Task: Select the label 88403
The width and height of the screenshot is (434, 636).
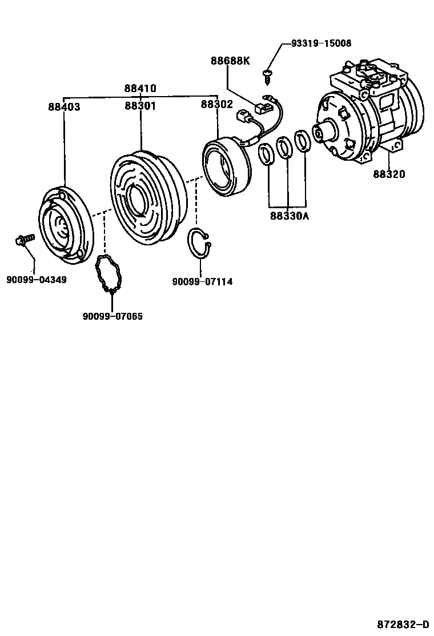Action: click(x=64, y=107)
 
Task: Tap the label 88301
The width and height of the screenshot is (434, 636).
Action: click(x=140, y=106)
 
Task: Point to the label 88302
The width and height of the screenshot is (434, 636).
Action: click(x=216, y=105)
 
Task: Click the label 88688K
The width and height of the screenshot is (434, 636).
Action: click(x=230, y=61)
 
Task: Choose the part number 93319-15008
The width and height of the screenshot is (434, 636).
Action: click(x=321, y=43)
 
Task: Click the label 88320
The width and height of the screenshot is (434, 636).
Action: click(x=389, y=174)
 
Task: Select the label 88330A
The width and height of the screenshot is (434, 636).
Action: click(x=290, y=216)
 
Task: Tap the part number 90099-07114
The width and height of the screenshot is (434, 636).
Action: click(x=202, y=281)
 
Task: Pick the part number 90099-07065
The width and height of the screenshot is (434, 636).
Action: click(x=112, y=316)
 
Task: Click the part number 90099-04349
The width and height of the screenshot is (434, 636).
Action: click(x=37, y=280)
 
